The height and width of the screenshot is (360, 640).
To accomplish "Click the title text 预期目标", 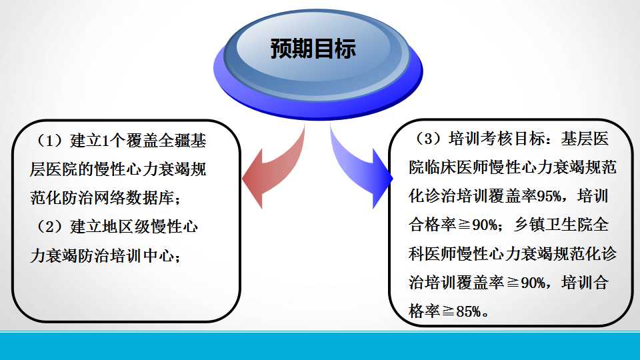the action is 313,49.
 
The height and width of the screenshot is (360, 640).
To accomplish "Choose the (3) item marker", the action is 428,139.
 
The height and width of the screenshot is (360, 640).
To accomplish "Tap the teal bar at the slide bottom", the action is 320,346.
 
